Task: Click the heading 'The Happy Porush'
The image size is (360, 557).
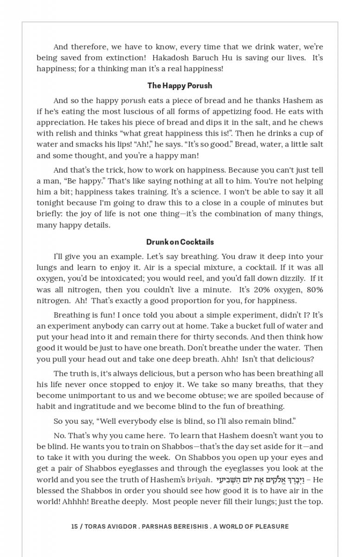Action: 180,85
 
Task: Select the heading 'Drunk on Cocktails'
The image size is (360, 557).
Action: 180,242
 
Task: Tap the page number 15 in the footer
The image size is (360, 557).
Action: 74,526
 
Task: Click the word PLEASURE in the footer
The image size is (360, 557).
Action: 271,526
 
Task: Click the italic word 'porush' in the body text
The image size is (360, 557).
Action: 133,101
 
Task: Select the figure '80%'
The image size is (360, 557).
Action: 314,290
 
